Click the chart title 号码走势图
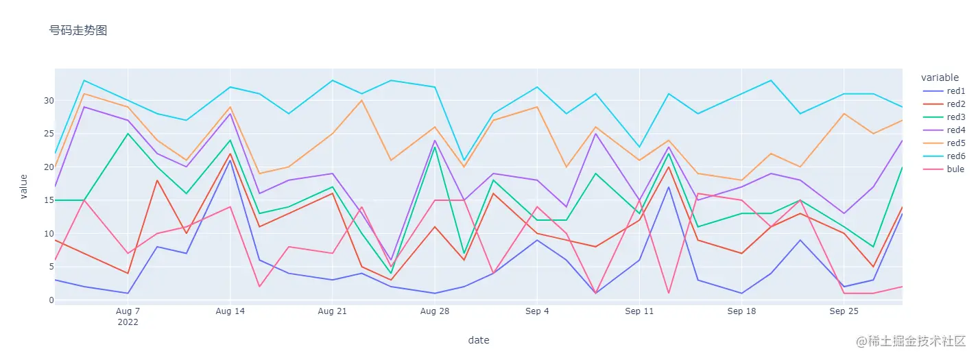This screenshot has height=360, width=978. [78, 30]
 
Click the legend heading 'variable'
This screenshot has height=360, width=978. [940, 77]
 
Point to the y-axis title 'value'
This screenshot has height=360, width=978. [23, 186]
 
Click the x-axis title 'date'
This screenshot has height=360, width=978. [478, 340]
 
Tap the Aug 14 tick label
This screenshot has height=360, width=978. [229, 311]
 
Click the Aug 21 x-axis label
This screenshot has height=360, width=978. [332, 311]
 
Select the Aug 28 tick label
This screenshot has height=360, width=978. [434, 311]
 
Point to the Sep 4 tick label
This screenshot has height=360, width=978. [537, 311]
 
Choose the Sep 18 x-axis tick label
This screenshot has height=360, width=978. [741, 311]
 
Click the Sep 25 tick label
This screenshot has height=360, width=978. [844, 311]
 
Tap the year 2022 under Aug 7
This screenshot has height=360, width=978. [128, 322]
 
